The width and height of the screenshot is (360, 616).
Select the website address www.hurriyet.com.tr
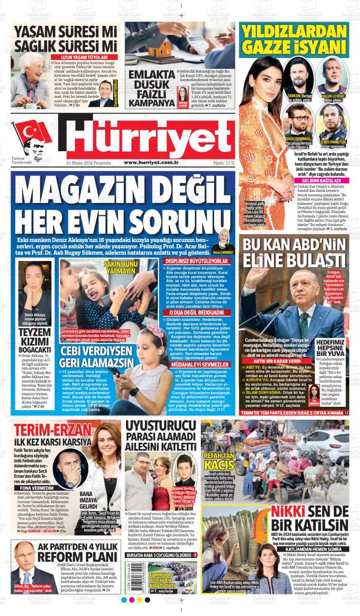coord(151,163)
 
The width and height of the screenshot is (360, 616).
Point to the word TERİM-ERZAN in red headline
coord(46,429)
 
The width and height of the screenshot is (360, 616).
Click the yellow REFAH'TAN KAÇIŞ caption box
coord(219,462)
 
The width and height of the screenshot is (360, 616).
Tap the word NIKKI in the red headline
coord(288,511)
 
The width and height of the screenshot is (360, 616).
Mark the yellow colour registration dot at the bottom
coord(140,600)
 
